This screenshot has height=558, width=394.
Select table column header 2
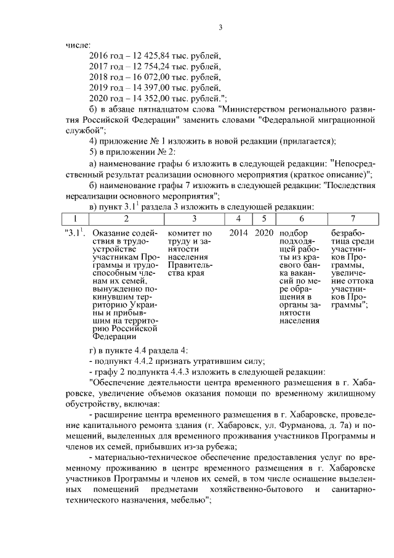(x=126, y=218)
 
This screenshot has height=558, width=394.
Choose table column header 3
(x=194, y=218)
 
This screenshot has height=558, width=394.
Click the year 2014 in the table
(x=238, y=233)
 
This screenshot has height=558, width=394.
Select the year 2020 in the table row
(x=263, y=233)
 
